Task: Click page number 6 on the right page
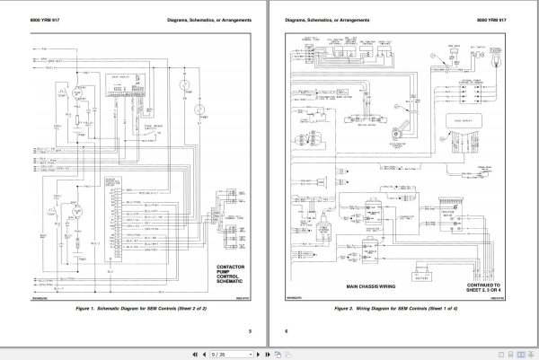285,329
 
